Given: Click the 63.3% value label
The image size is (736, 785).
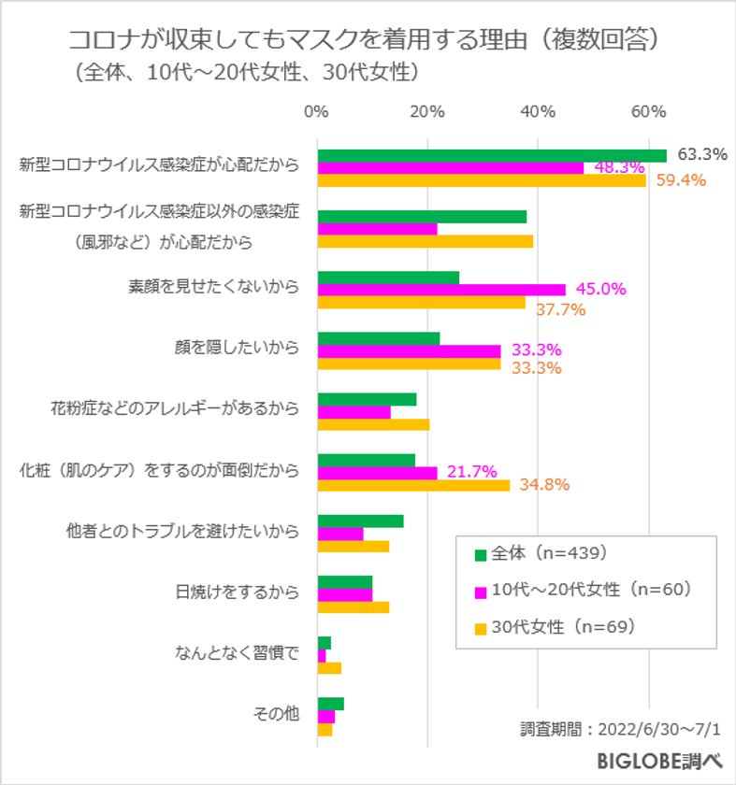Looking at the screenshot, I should (702, 154).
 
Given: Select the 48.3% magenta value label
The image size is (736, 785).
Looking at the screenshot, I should (619, 167).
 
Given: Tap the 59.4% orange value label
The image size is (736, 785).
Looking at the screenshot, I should (680, 180).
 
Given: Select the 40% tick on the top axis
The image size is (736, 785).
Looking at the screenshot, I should (537, 112).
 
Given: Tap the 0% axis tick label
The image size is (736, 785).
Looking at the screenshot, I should (317, 112).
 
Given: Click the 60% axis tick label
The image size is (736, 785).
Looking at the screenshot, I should (647, 112).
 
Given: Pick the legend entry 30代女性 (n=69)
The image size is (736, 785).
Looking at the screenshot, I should (556, 627).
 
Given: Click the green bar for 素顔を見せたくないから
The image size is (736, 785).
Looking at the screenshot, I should (388, 277).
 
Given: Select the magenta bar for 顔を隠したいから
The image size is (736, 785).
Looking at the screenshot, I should (409, 350).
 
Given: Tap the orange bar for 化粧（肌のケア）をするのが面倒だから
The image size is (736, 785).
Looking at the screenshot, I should (413, 485).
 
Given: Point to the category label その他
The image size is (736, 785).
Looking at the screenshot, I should (277, 715).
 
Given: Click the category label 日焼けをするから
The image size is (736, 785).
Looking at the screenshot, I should (238, 593).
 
